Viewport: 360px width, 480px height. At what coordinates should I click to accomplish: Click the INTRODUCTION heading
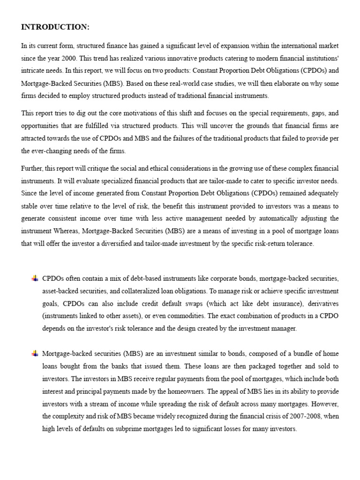(x=55, y=27)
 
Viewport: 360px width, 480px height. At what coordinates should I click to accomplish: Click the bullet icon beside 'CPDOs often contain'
(x=35, y=278)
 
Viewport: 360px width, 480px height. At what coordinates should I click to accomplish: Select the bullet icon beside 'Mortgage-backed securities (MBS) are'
(x=35, y=353)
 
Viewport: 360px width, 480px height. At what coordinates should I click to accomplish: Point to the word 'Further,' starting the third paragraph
(x=32, y=168)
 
